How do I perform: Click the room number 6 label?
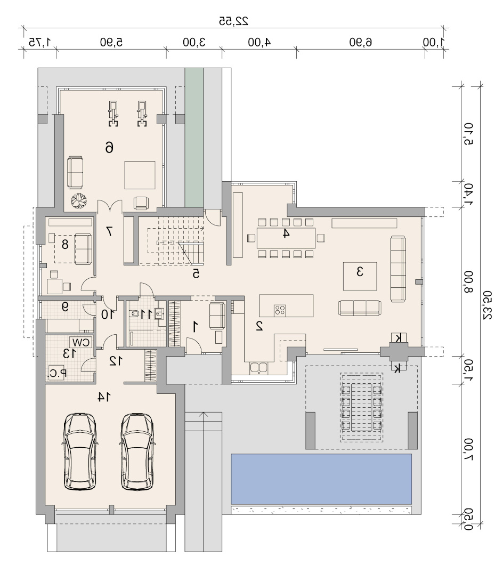[x=109, y=148]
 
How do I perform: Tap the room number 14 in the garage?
[x=104, y=397]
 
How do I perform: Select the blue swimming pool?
[x=321, y=479]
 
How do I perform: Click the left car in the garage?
[x=80, y=451]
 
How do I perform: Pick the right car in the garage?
[x=137, y=451]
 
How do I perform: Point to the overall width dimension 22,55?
[x=233, y=21]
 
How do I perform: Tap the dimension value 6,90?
[x=360, y=42]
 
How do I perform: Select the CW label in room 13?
[x=81, y=342]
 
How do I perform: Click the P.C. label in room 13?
[x=58, y=373]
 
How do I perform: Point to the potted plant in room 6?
[x=79, y=201]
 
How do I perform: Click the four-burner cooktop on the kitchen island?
[x=280, y=311]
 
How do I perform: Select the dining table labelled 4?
[x=286, y=238]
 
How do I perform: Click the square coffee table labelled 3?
[x=360, y=276]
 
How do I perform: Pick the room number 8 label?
[x=65, y=244]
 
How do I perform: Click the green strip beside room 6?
[x=194, y=138]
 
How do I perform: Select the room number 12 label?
[x=116, y=361]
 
